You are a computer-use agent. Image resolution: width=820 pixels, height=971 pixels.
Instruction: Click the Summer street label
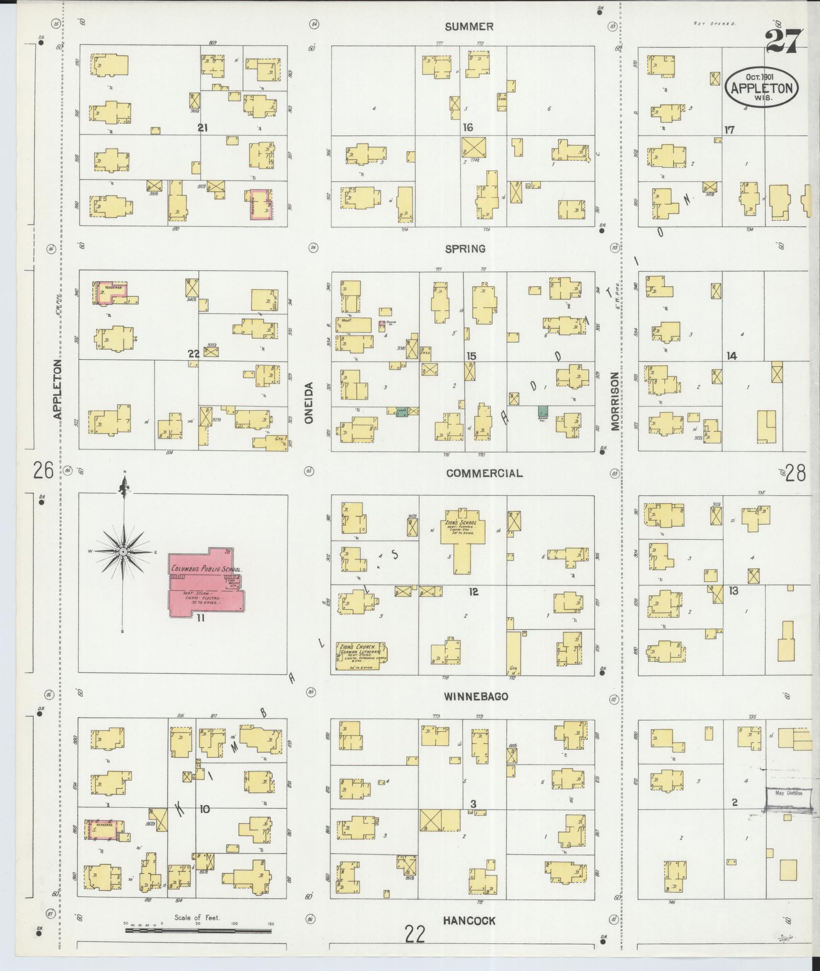tap(468, 26)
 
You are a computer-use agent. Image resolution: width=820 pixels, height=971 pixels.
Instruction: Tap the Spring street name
tap(465, 248)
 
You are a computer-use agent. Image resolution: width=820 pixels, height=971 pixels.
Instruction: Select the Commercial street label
tap(484, 473)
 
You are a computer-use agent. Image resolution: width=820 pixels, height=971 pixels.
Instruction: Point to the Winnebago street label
tap(475, 696)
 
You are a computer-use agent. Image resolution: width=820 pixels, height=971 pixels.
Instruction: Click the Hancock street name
tap(469, 921)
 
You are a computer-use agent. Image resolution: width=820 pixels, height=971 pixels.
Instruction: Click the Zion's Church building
tap(361, 656)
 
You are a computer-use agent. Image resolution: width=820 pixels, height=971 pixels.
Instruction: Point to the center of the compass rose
tap(123, 552)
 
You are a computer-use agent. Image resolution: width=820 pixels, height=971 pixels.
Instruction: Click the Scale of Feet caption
tap(197, 918)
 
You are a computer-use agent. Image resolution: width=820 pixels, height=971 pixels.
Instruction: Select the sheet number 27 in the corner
tap(783, 41)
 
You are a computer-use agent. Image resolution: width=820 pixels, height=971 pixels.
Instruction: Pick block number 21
tap(202, 128)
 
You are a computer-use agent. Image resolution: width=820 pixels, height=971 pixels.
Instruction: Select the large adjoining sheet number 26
tap(43, 471)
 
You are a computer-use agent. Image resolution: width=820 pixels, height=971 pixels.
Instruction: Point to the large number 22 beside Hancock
tap(416, 934)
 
